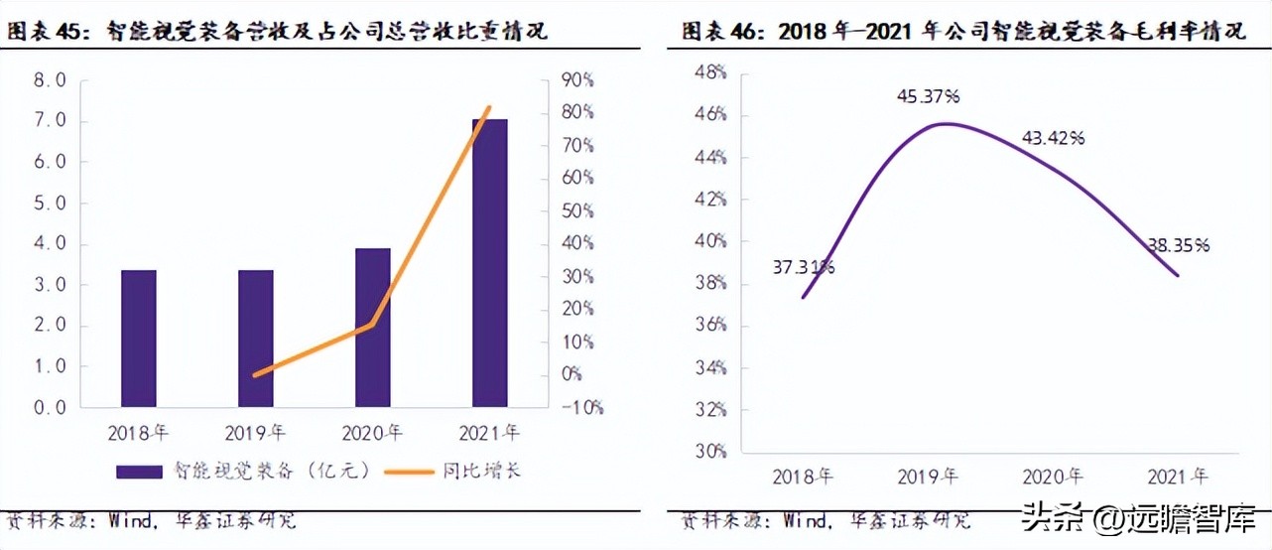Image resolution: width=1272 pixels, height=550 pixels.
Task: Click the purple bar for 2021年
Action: click(x=489, y=263)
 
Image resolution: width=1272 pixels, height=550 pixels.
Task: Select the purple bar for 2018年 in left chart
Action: click(x=139, y=338)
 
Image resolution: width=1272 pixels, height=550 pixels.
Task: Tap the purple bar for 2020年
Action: click(x=373, y=328)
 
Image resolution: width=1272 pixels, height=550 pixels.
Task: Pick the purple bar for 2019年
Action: click(x=256, y=338)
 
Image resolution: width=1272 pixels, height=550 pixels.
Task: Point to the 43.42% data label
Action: click(x=1050, y=138)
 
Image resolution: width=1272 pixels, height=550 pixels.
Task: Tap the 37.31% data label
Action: click(x=803, y=266)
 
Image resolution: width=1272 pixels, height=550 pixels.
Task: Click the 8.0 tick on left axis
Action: click(x=50, y=80)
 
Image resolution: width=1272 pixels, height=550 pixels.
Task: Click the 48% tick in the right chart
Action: click(x=710, y=72)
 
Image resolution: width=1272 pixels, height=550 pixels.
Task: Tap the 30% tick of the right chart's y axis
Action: click(x=710, y=451)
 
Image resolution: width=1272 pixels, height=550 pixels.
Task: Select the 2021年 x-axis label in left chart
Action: click(x=489, y=433)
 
